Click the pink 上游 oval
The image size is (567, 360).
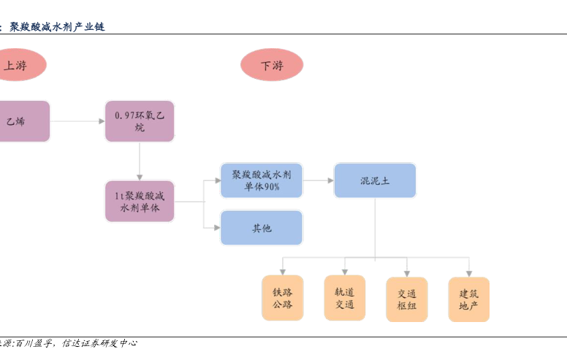[18, 65]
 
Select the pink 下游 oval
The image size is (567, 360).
[272, 65]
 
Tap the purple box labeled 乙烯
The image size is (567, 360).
[23, 121]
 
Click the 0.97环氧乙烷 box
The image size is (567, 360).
[140, 121]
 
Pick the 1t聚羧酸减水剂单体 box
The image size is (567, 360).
[140, 202]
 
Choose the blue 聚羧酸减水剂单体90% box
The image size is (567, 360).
[262, 180]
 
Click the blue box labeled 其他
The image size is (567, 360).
[262, 228]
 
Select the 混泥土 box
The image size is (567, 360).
[375, 180]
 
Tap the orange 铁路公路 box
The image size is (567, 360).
[283, 298]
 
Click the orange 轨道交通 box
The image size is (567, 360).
[345, 298]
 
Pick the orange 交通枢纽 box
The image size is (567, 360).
[407, 299]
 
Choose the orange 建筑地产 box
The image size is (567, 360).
[468, 299]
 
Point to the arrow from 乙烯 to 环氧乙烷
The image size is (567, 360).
[77, 121]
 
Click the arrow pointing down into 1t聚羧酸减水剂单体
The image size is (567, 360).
[140, 161]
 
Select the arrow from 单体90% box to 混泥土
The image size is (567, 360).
[319, 180]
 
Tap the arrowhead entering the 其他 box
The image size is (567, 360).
[217, 228]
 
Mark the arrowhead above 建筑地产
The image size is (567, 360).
[469, 274]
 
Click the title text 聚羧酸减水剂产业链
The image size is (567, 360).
[57, 27]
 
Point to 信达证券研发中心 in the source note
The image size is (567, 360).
[100, 343]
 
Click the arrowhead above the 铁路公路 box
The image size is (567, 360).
[283, 272]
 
